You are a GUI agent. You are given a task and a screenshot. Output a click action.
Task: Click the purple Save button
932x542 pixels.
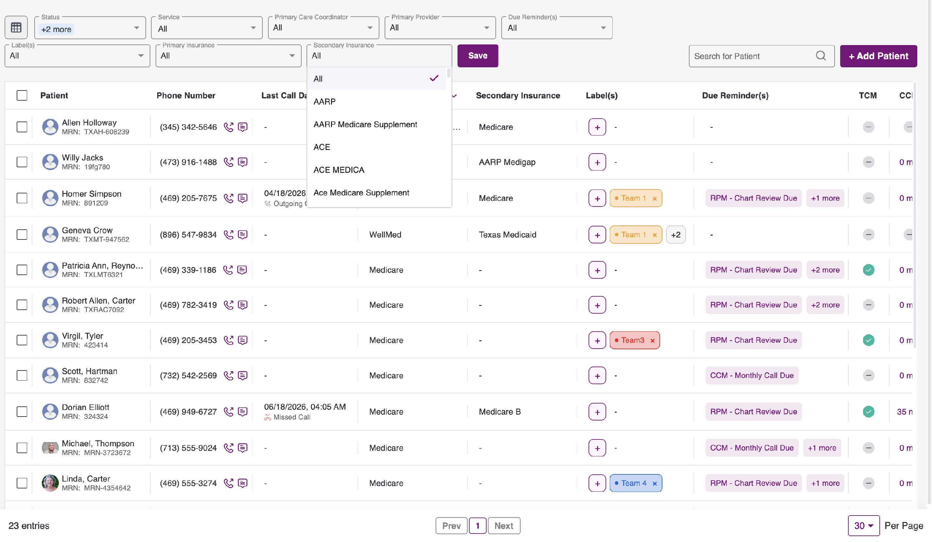pos(477,56)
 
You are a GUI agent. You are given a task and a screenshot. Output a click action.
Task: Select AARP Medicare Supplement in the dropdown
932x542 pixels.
pos(365,124)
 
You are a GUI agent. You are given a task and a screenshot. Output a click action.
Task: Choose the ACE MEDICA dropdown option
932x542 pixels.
pos(339,170)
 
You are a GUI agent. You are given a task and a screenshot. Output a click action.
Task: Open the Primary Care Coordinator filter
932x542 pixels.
pos(323,28)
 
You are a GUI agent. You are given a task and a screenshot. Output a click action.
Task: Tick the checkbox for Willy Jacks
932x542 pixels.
pos(22,162)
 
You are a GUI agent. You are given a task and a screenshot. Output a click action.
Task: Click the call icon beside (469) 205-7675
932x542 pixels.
pos(228,198)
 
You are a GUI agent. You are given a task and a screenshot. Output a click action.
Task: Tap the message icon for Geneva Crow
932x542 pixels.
pos(242,235)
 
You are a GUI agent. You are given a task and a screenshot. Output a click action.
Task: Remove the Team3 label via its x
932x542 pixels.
pos(652,340)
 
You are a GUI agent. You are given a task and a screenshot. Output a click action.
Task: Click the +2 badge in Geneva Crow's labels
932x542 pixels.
pos(676,235)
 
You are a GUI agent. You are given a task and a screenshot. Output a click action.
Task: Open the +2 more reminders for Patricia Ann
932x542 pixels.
pos(825,270)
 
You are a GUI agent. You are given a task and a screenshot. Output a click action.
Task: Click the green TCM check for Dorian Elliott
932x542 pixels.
pos(868,412)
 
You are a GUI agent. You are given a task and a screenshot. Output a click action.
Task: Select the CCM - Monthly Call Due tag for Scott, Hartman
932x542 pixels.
pos(752,375)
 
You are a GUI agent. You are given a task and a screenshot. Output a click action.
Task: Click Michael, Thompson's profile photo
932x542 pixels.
pos(50,448)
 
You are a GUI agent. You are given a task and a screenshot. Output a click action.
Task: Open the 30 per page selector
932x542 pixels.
pos(864,526)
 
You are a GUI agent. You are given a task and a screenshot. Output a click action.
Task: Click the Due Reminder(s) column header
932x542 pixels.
pos(735,95)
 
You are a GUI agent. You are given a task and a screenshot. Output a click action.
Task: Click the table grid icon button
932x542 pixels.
pos(16,28)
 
